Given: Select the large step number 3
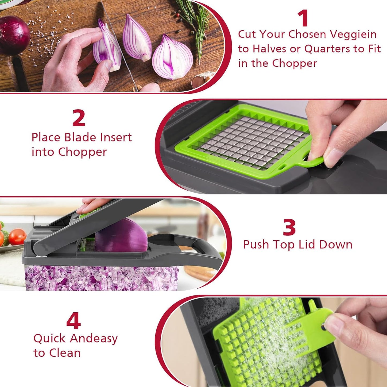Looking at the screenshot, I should (289, 227).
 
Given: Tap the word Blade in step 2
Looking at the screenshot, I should (81, 137).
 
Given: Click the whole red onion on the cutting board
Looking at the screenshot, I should (13, 35).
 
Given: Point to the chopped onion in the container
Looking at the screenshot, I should (102, 279).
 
